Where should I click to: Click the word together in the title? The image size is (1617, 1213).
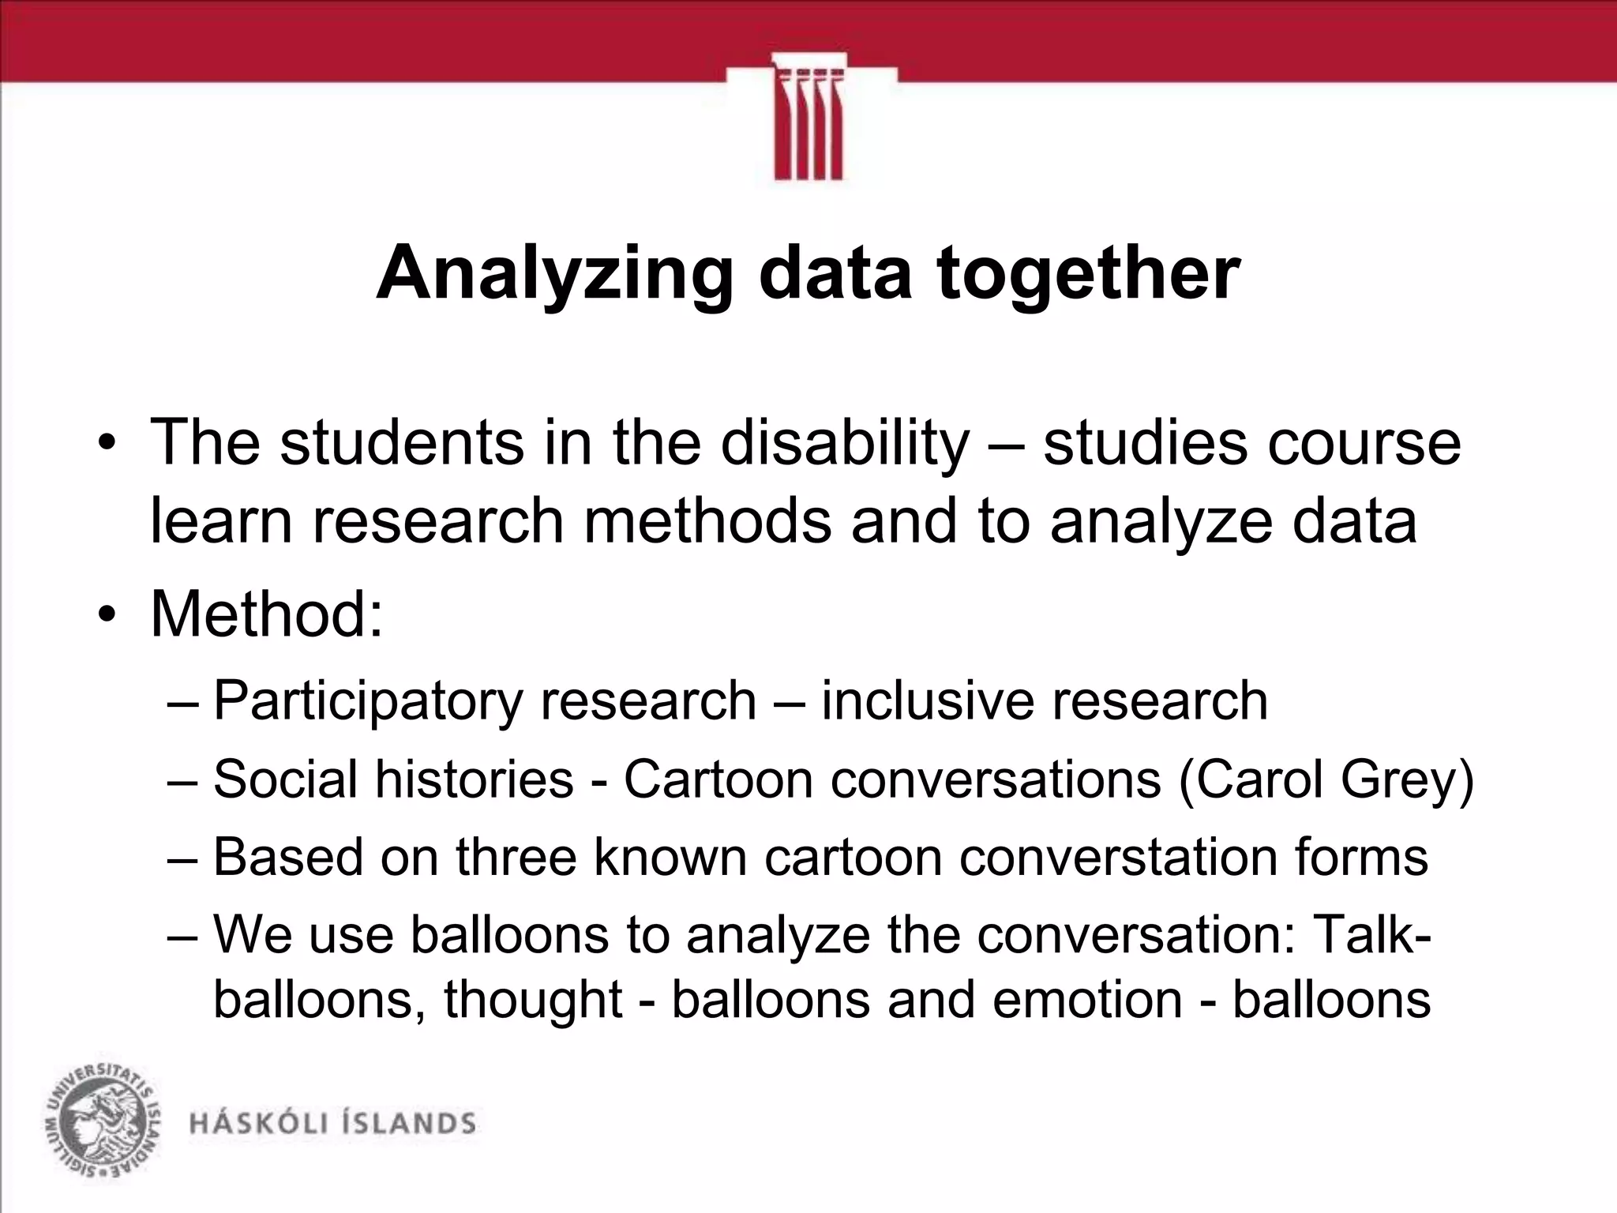click(x=1088, y=274)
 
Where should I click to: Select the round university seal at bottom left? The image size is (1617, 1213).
click(x=101, y=1121)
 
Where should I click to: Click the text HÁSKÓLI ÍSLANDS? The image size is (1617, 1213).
click(x=332, y=1124)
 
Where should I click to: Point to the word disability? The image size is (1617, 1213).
click(x=844, y=442)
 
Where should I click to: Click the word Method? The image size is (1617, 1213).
click(x=267, y=614)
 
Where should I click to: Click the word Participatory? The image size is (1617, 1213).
click(x=366, y=700)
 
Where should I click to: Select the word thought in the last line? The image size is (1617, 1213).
click(x=533, y=999)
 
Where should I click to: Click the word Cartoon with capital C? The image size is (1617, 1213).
click(x=718, y=779)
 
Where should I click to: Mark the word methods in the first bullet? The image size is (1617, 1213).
click(x=707, y=521)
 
